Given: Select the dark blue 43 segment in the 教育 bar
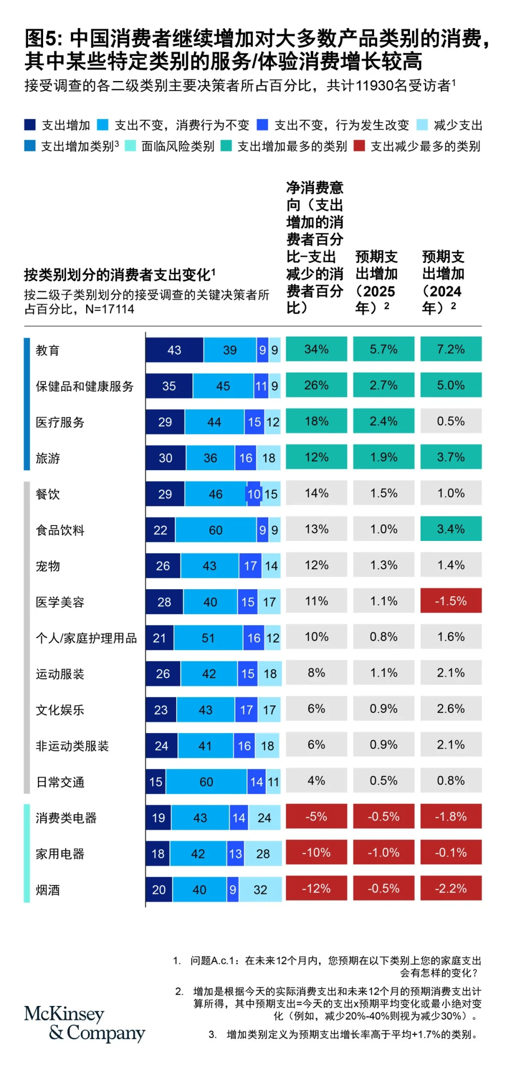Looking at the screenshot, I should tap(174, 350).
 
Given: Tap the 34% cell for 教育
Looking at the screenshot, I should tap(316, 349).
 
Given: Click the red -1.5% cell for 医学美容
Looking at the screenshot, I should tap(451, 601).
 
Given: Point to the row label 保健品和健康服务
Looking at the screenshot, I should tap(85, 386).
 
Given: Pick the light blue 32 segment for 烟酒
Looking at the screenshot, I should tap(260, 890).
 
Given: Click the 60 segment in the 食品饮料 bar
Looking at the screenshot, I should tap(216, 530).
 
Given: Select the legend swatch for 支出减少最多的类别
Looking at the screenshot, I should tap(359, 146).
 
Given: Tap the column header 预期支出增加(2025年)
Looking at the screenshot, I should tap(377, 282).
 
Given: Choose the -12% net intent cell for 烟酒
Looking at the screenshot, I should tap(316, 888).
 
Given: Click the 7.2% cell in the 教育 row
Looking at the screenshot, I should tap(451, 349).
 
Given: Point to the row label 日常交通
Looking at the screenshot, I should tap(60, 782).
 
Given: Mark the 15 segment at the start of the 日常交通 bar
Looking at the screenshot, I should tap(156, 782).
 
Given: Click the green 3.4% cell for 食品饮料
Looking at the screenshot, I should tap(451, 529).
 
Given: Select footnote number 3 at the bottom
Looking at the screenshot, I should tap(213, 1034).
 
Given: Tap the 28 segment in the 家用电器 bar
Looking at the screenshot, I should tap(263, 854).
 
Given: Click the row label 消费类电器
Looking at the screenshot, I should tap(66, 818).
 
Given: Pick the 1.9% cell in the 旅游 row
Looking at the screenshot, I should tap(383, 457).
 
